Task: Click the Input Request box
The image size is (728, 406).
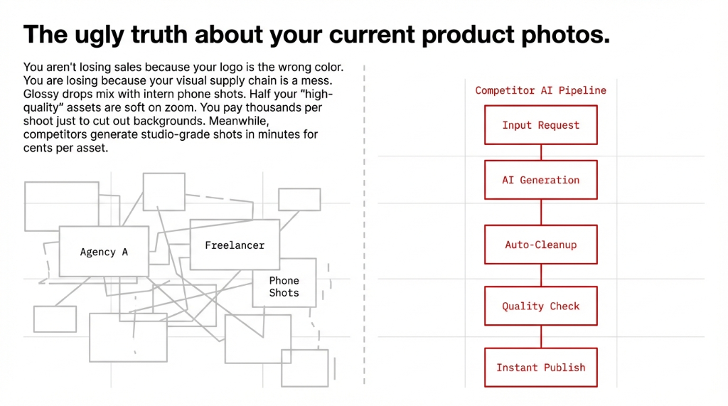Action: (540, 125)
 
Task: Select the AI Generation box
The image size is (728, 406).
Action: (540, 180)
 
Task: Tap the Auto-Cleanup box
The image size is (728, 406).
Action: (540, 245)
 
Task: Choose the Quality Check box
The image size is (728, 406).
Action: (540, 306)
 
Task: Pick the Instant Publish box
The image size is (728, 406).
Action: (540, 368)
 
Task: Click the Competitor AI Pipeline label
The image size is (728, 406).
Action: (540, 90)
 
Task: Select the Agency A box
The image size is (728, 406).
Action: (104, 252)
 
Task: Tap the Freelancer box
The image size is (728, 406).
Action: (235, 245)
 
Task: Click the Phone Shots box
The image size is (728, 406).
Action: (284, 287)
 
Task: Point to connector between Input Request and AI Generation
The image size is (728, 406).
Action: (541, 152)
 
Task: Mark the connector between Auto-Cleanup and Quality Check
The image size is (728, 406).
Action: (541, 276)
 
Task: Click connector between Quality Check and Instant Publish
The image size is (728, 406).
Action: (541, 337)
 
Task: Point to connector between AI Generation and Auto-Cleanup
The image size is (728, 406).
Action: (541, 212)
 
